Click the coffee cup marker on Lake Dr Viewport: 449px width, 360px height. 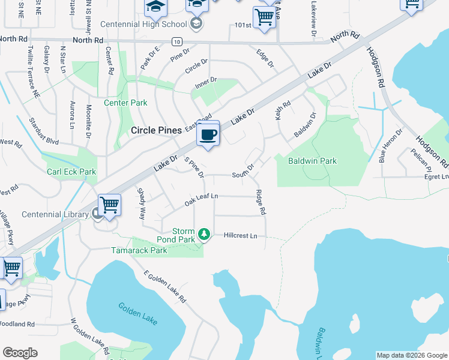tap(208, 134)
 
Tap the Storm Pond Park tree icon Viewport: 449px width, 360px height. tap(204, 233)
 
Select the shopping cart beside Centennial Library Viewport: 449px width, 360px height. tap(110, 205)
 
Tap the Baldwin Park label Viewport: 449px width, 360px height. tap(312, 161)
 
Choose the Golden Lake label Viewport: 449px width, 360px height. tap(138, 314)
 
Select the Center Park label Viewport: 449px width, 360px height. tap(125, 103)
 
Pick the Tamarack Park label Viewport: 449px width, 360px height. tap(139, 250)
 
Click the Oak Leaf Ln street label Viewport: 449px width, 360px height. tap(201, 199)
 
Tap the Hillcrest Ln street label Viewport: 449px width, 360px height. tap(240, 236)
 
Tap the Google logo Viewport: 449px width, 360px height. tap(20, 353)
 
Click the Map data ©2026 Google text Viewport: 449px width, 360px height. tap(411, 355)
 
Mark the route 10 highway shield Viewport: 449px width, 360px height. tap(176, 41)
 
